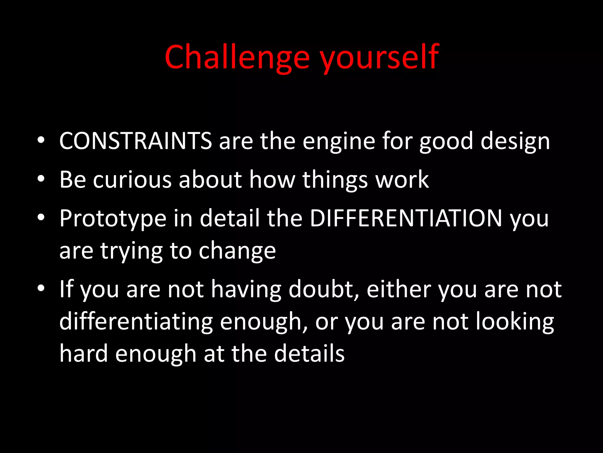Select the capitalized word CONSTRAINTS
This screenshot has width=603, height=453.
[x=135, y=141]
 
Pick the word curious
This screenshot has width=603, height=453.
[x=132, y=180]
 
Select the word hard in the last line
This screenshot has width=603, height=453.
[x=84, y=354]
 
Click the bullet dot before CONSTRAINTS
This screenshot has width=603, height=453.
[x=41, y=140]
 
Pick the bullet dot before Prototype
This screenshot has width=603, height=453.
[x=41, y=217]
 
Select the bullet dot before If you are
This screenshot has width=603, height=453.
[x=41, y=288]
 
